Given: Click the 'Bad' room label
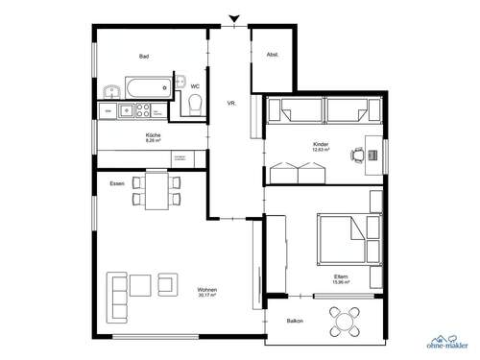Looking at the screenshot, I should click(143, 57).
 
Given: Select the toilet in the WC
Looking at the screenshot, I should click(195, 110).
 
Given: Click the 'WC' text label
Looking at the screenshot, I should click(195, 86).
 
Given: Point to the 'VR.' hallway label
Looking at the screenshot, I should click(231, 102).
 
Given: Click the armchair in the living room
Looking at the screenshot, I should click(168, 283).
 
